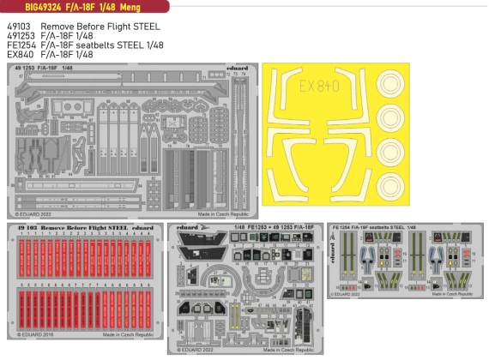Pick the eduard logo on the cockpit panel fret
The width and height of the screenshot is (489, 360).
pyautogui.click(x=187, y=228)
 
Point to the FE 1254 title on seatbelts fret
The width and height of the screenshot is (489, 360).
pyautogui.click(x=347, y=228)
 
